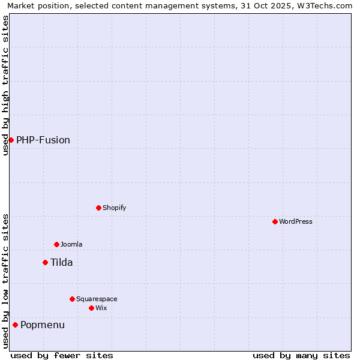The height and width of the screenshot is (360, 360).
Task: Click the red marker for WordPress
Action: (275, 221)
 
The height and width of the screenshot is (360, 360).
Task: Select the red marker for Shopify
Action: (98, 208)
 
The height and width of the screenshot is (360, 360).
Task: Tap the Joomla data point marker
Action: (56, 244)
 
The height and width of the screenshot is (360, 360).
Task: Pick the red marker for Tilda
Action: (45, 262)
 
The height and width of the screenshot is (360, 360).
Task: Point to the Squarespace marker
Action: (72, 299)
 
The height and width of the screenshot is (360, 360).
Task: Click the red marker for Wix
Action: (91, 308)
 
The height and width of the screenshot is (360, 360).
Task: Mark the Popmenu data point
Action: (15, 325)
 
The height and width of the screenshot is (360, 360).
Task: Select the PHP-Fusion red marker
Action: (11, 140)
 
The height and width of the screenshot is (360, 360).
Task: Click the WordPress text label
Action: (295, 221)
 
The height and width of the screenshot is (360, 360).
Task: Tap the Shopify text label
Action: (114, 208)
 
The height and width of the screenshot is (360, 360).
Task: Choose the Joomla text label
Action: (71, 244)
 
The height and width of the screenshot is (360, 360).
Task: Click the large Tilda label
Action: (61, 262)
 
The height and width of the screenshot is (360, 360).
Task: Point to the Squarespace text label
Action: (97, 299)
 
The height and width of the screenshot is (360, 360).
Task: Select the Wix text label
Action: (101, 308)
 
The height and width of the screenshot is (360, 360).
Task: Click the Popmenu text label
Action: (43, 325)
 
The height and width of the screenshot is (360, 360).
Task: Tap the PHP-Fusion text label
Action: (43, 140)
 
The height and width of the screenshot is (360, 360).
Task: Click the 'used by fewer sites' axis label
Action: (62, 355)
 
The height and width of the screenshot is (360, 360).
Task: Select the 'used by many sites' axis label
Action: (301, 355)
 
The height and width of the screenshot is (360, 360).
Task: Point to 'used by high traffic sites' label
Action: (5, 85)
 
